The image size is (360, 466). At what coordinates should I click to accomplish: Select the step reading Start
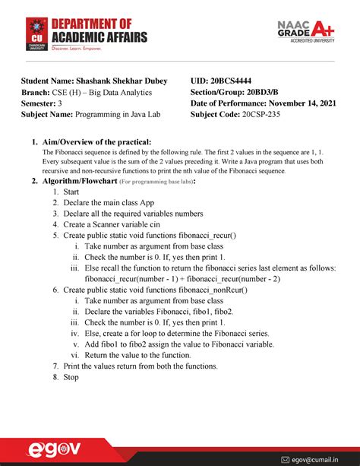(71, 192)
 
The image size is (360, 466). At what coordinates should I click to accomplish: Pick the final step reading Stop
(71, 377)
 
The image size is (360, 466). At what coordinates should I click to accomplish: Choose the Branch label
(36, 92)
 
